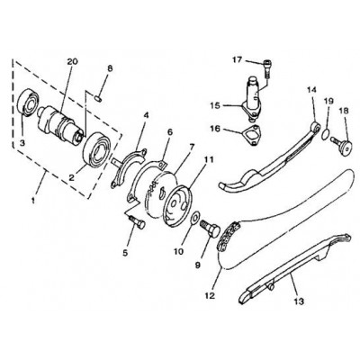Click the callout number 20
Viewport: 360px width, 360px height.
click(x=72, y=62)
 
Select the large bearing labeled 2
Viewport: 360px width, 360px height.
click(x=97, y=149)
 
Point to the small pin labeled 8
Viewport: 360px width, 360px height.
click(x=98, y=97)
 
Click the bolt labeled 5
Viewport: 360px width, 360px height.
click(x=138, y=222)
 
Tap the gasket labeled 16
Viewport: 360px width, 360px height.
click(x=252, y=134)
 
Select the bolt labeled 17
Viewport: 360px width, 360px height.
click(x=268, y=68)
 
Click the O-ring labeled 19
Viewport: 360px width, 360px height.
click(x=326, y=134)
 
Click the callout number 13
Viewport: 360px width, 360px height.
click(x=300, y=301)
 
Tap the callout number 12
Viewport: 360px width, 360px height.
click(x=210, y=295)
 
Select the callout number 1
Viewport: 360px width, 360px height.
click(x=33, y=200)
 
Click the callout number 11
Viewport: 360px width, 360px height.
click(x=210, y=160)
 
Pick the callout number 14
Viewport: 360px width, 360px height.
click(x=311, y=90)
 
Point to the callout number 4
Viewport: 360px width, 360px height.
click(x=146, y=115)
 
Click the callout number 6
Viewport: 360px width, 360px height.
click(x=170, y=132)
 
